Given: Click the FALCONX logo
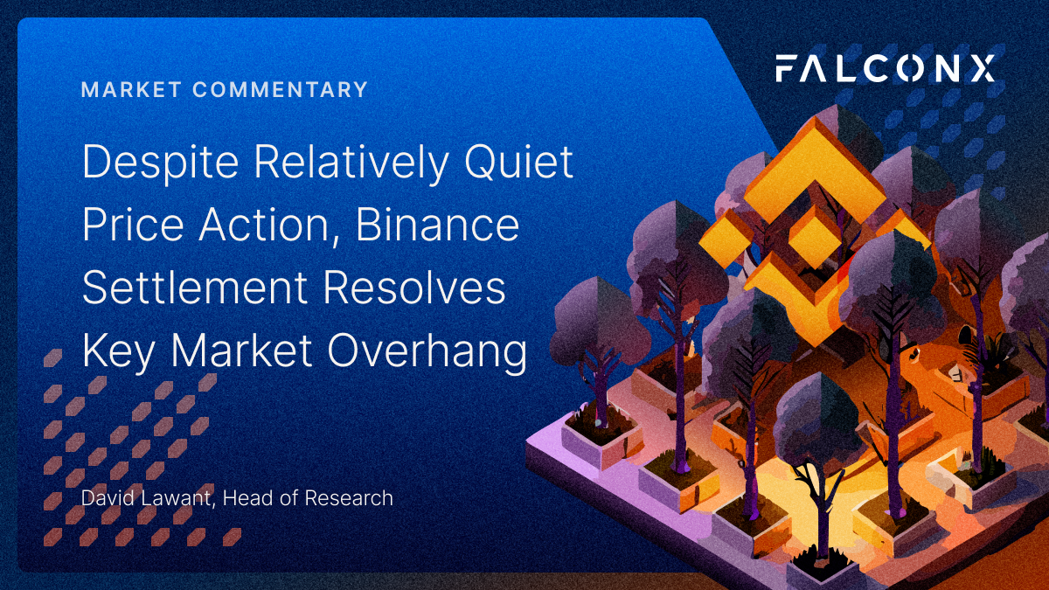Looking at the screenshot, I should pyautogui.click(x=885, y=68).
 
